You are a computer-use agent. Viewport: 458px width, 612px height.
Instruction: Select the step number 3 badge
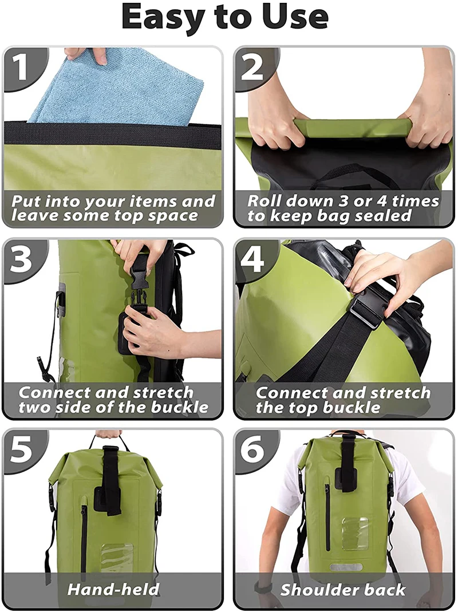22,259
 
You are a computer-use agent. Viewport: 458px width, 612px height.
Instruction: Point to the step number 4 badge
252,259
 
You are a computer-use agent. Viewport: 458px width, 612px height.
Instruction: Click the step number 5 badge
22,450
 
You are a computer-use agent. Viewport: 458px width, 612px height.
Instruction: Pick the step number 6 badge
252,450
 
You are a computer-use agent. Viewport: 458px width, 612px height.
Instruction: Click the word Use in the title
298,18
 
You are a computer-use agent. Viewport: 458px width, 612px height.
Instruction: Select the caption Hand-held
113,590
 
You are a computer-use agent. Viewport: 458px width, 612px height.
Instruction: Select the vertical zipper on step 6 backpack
327,515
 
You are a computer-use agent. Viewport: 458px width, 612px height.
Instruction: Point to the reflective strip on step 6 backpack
346,567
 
